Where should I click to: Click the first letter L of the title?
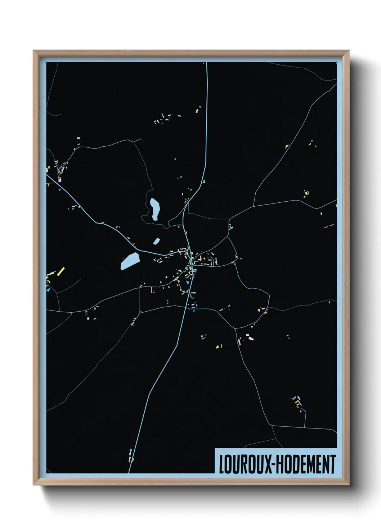(221, 464)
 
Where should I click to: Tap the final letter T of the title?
(333, 464)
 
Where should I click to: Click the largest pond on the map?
(130, 261)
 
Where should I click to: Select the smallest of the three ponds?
(156, 241)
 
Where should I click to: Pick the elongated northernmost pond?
(155, 209)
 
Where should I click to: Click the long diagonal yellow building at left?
(60, 271)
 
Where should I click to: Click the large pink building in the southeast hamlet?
(250, 338)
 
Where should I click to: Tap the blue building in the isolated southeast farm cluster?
(295, 398)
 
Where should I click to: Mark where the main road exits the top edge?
(207, 63)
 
